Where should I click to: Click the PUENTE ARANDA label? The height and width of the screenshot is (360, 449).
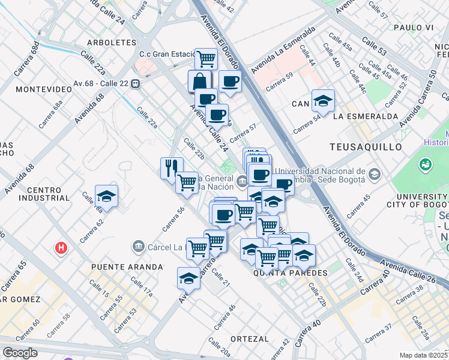click(x=127, y=266)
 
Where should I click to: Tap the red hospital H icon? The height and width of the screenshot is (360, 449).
click(x=60, y=247)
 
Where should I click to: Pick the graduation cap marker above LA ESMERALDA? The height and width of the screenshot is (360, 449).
click(x=323, y=100)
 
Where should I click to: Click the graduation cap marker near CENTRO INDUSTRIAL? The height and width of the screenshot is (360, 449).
click(x=107, y=196)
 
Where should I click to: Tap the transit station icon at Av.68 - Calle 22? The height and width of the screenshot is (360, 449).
click(x=137, y=84)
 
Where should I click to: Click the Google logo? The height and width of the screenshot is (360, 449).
click(x=20, y=353)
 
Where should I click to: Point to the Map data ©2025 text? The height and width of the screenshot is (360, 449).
click(x=424, y=355)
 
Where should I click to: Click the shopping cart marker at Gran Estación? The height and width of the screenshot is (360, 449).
click(x=206, y=59)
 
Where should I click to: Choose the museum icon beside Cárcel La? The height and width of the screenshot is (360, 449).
click(x=138, y=247)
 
